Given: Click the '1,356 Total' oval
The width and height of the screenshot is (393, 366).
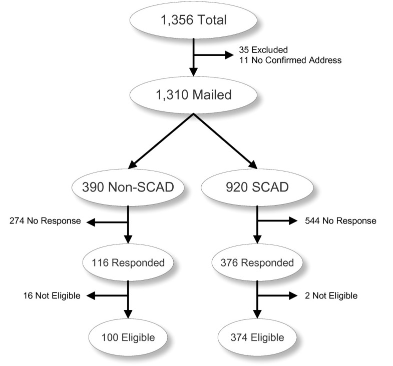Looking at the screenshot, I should pyautogui.click(x=193, y=20).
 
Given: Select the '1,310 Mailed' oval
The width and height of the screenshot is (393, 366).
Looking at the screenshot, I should pyautogui.click(x=193, y=95).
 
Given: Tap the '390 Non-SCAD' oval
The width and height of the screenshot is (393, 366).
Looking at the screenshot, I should pyautogui.click(x=129, y=188).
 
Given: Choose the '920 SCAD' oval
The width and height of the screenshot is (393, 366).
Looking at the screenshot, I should pyautogui.click(x=257, y=188).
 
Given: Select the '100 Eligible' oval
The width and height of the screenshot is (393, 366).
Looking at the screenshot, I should pyautogui.click(x=129, y=337).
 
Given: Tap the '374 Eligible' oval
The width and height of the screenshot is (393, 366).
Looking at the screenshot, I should pyautogui.click(x=257, y=337).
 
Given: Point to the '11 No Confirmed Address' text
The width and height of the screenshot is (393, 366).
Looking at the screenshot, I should pyautogui.click(x=290, y=60).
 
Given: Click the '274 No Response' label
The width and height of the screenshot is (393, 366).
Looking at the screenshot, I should pyautogui.click(x=45, y=221).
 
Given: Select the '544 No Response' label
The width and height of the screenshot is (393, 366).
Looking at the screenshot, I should pyautogui.click(x=340, y=221).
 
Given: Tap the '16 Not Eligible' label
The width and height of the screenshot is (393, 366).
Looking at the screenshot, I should pyautogui.click(x=45, y=295).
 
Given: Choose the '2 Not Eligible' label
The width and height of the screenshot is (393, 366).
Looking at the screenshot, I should pyautogui.click(x=331, y=295).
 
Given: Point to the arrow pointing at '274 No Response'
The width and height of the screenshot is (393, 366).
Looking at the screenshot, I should pyautogui.click(x=108, y=221).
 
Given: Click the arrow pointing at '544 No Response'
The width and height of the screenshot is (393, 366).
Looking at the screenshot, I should pyautogui.click(x=278, y=221).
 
